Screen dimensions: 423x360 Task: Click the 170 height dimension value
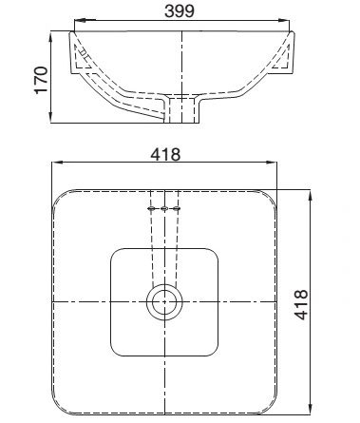click(39, 80)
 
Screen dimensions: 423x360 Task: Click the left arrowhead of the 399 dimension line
click(79, 19)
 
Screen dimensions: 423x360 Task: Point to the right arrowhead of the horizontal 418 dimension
click(277, 163)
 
